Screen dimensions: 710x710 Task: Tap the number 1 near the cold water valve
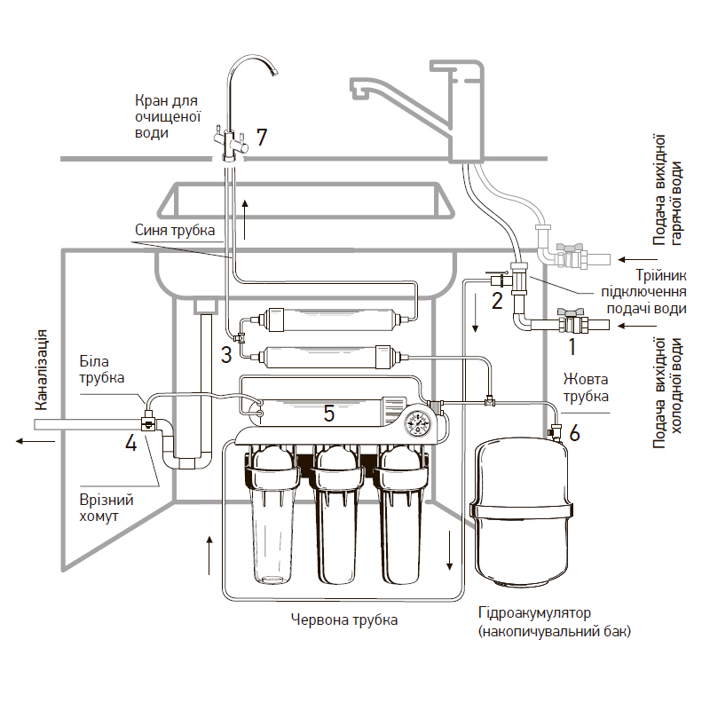(573, 346)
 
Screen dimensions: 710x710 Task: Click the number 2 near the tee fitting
(498, 299)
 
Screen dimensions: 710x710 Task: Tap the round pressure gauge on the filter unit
(414, 422)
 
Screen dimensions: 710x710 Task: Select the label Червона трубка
(344, 619)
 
